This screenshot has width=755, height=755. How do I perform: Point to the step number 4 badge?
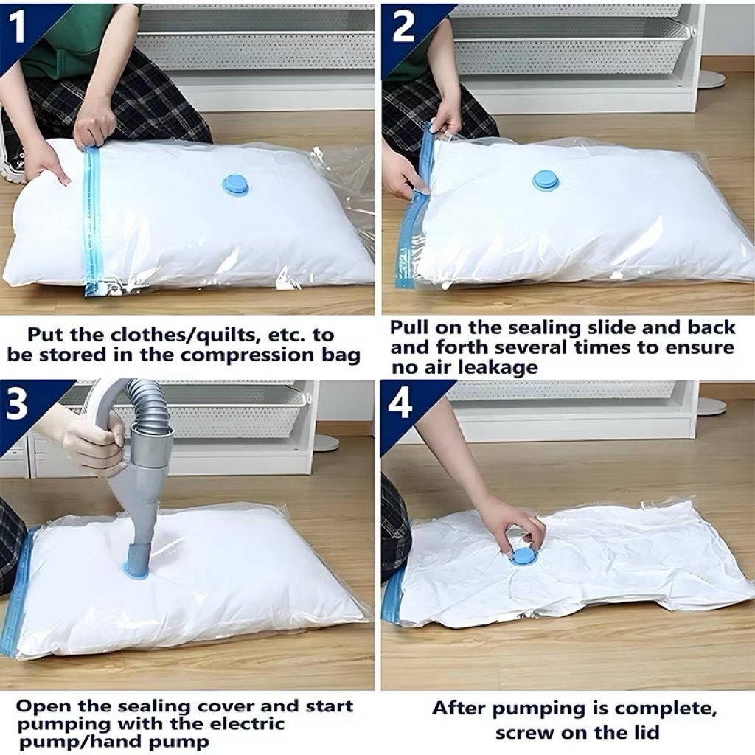click(x=400, y=403)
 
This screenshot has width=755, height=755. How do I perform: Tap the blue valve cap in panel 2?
click(x=546, y=181)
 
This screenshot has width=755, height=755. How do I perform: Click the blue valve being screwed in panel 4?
click(x=522, y=556)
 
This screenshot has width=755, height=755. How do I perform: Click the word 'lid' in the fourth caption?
click(x=643, y=732)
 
